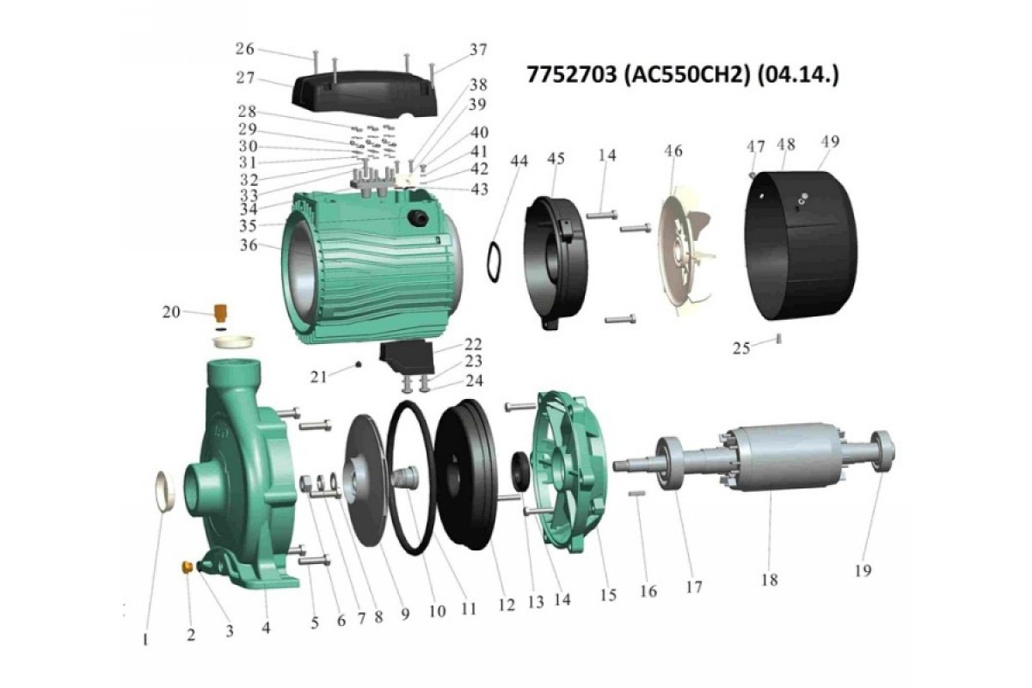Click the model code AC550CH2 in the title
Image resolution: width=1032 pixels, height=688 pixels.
(x=685, y=75)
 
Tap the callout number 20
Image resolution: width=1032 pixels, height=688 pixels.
(x=171, y=312)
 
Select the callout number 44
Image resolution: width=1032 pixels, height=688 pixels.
(x=519, y=161)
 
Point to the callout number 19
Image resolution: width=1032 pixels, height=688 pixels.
(x=863, y=570)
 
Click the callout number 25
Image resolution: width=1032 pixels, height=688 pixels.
(x=741, y=348)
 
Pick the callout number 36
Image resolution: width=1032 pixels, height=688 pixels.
(x=249, y=245)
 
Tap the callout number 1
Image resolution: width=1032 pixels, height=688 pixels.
(x=145, y=640)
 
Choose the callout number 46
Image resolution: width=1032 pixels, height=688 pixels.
(x=673, y=150)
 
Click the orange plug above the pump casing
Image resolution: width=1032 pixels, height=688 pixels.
(x=221, y=314)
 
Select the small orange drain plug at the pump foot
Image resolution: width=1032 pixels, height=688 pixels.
(x=187, y=567)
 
